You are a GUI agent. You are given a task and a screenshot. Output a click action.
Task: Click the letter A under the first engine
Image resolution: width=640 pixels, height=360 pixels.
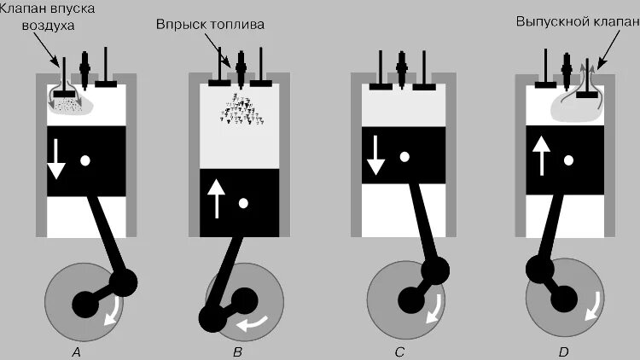point(77,351)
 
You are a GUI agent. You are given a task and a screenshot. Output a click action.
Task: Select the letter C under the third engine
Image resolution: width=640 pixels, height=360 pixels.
point(403,351)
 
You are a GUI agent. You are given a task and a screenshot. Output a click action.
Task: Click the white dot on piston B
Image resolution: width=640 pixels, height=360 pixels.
point(244,203)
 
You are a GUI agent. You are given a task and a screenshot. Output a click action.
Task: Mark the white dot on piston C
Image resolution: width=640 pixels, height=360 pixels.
point(406,156)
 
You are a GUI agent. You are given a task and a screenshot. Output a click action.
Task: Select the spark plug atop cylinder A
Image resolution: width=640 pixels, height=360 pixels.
point(85,65)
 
